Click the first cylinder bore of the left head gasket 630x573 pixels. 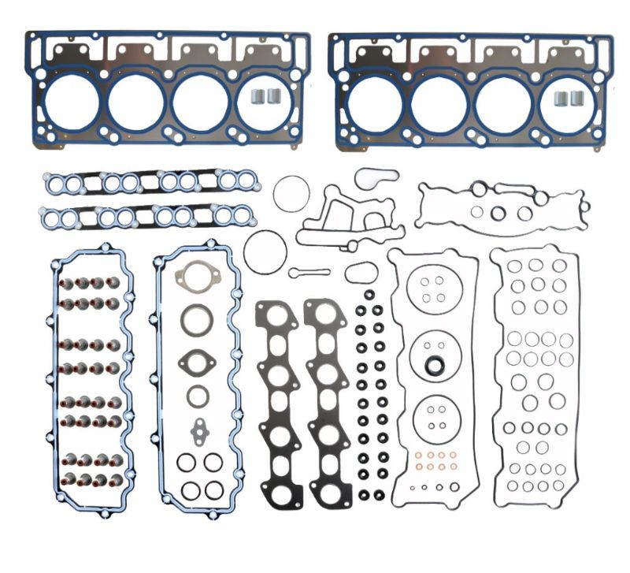coord(72,103)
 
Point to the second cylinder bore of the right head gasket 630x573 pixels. coord(439,104)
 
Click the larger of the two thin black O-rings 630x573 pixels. coord(265,252)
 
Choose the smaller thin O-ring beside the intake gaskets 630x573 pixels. coord(291,194)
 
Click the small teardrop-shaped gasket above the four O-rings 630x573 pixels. coord(198,431)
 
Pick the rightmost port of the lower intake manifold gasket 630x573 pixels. coord(243,214)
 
